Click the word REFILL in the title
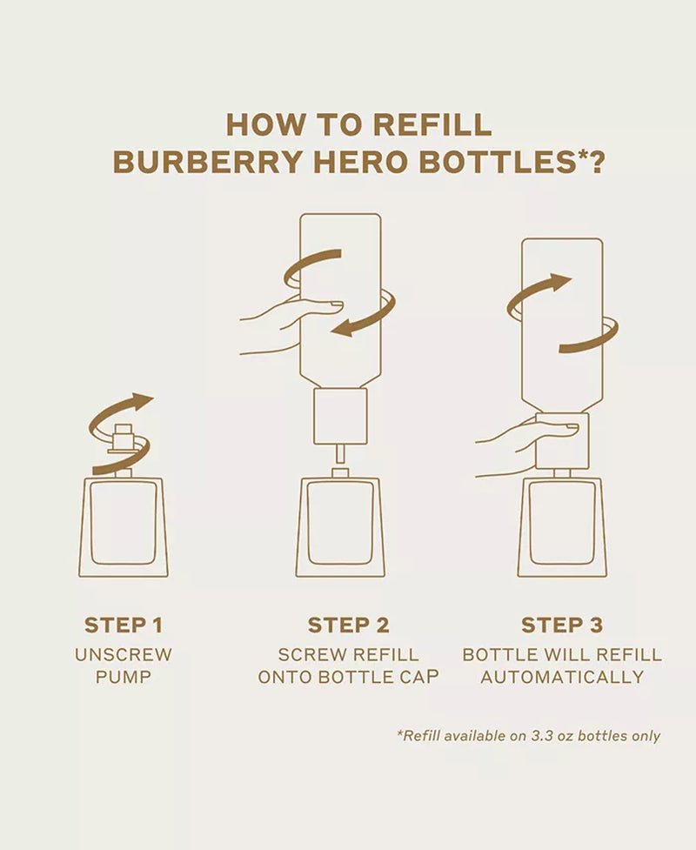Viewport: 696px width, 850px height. [432, 124]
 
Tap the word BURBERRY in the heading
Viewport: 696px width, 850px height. [208, 162]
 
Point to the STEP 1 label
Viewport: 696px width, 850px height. [123, 625]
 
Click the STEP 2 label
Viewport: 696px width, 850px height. [349, 625]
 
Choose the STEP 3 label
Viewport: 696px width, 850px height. [561, 625]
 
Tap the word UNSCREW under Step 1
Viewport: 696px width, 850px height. [123, 655]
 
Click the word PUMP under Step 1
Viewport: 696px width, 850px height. [123, 677]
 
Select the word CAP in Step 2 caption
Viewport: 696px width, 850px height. [418, 677]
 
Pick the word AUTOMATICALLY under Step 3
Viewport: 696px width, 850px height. [562, 677]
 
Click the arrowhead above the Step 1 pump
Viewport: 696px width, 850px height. [142, 401]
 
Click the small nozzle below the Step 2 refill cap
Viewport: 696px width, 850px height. [340, 453]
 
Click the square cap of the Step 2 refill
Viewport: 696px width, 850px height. [340, 417]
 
